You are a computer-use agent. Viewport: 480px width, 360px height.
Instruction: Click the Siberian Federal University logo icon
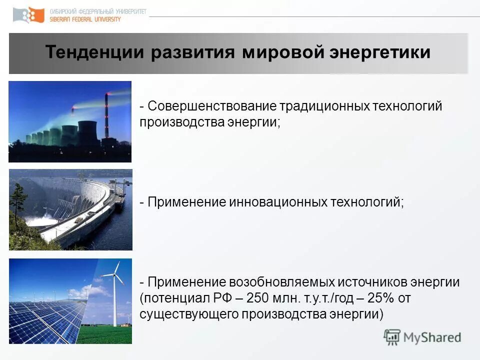(x=28, y=15)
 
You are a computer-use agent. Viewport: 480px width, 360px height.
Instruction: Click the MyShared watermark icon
(x=392, y=337)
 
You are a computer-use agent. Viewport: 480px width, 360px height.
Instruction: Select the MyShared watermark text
(x=432, y=338)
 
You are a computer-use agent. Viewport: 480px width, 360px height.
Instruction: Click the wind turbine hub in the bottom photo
(x=114, y=275)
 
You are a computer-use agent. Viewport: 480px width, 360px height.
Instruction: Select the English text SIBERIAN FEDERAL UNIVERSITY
(x=85, y=19)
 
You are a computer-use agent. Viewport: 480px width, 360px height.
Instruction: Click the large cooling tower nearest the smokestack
(x=88, y=132)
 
